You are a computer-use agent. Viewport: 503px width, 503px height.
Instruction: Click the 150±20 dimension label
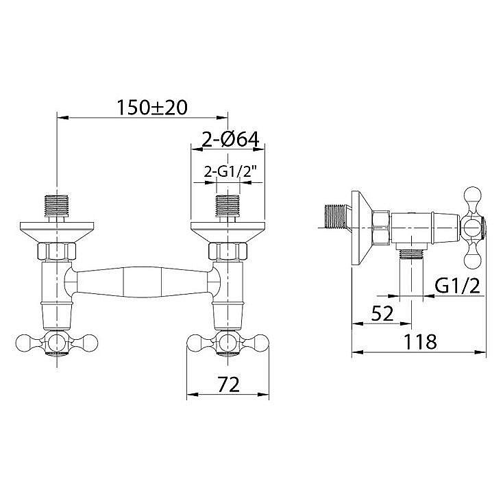tap(151, 107)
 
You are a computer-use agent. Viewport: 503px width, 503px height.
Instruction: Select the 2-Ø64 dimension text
tap(230, 140)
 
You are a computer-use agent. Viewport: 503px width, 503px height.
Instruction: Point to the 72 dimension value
tap(229, 384)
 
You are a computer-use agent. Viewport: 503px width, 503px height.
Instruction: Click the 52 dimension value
tap(382, 313)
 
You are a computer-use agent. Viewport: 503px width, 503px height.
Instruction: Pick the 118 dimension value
tap(419, 342)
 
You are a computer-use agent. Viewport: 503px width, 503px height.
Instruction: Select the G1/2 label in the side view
tap(458, 285)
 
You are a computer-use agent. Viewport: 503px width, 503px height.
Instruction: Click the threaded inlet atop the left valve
tap(56, 206)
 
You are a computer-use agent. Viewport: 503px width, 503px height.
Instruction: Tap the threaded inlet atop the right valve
tap(228, 206)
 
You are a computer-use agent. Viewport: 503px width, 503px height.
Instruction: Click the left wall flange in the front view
tap(57, 232)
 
